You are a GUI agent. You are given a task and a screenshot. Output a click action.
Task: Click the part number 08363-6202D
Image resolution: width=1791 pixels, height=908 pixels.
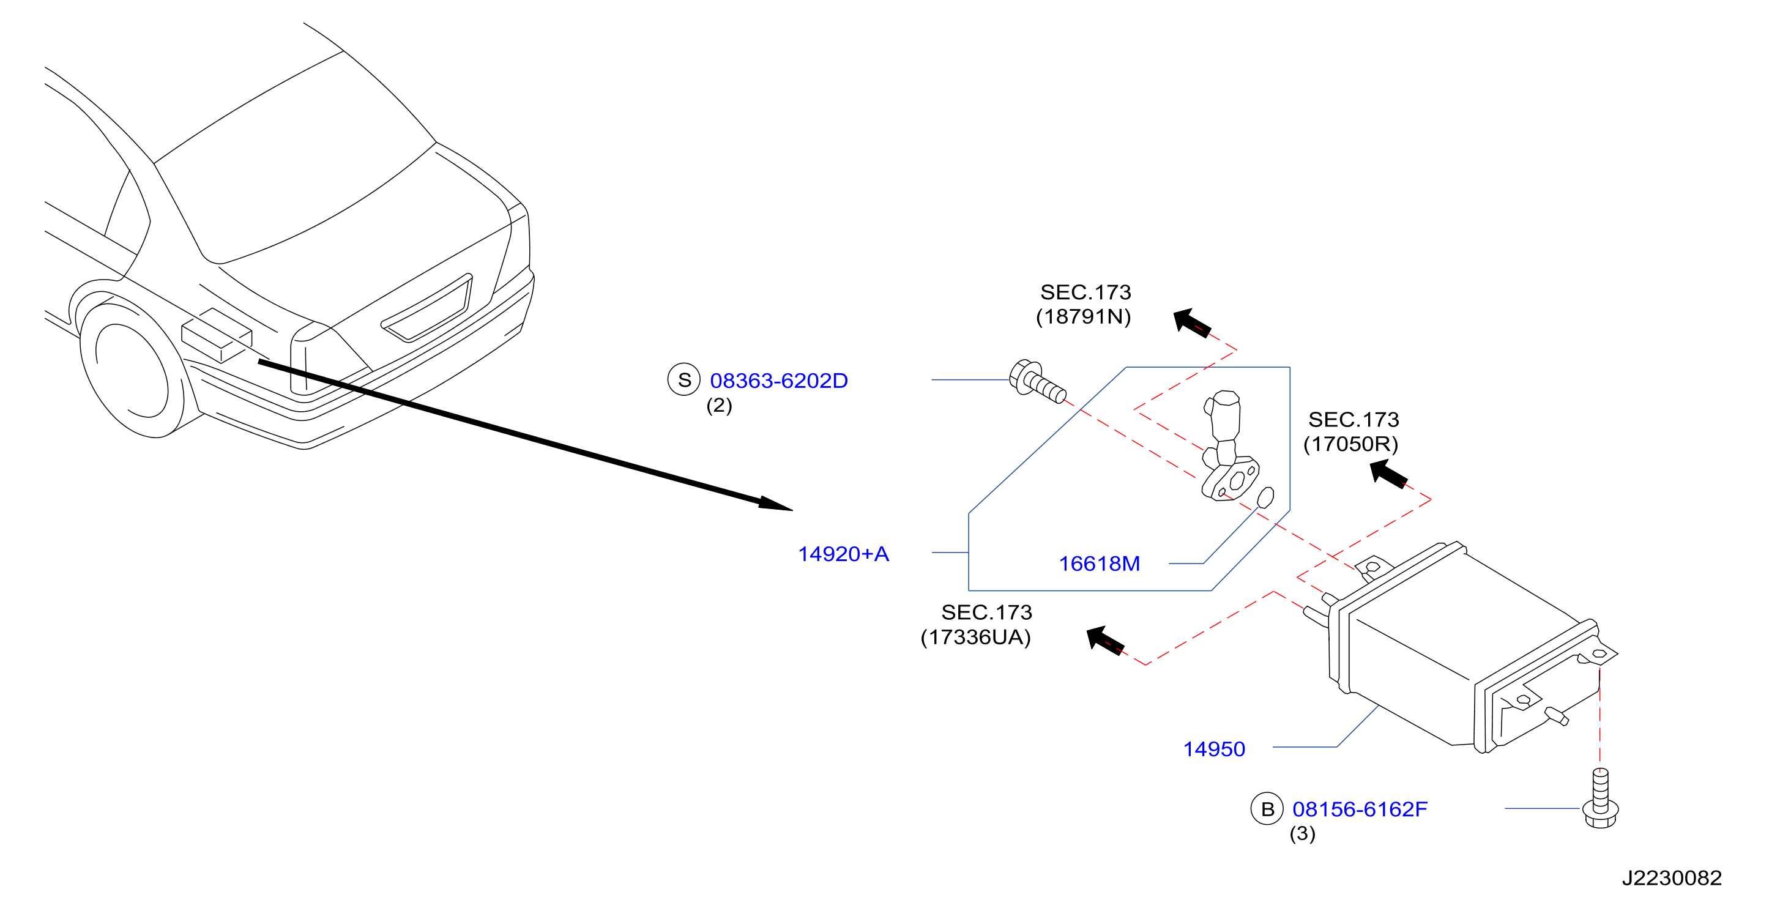click(779, 381)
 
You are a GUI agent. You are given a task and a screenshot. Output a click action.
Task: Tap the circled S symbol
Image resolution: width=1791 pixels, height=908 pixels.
click(684, 379)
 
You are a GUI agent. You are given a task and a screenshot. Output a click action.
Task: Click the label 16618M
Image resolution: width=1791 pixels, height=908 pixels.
click(1099, 563)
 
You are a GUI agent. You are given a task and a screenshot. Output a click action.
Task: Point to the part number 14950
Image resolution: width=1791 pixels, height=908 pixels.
click(1214, 749)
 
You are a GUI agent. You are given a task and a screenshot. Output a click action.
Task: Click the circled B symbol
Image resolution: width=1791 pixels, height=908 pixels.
click(1267, 809)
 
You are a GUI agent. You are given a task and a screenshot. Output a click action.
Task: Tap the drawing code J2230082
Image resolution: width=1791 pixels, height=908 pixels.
click(1672, 878)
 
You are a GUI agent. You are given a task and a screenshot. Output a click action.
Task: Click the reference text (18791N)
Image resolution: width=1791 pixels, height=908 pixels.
click(1083, 316)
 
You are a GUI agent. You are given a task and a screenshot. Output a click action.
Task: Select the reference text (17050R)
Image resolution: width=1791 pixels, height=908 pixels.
click(1350, 444)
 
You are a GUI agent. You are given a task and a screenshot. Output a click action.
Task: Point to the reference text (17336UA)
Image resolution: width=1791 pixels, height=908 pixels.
click(975, 637)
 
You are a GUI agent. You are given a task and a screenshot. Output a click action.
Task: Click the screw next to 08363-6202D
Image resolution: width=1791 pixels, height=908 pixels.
click(1037, 382)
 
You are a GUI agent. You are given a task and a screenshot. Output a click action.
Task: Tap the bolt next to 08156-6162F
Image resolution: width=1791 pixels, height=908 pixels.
click(1600, 798)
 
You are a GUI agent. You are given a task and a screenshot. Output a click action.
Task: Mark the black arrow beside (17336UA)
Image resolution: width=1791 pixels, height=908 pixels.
click(1106, 639)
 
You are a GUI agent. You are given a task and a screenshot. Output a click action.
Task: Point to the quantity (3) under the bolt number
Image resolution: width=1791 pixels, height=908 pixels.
click(1302, 833)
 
